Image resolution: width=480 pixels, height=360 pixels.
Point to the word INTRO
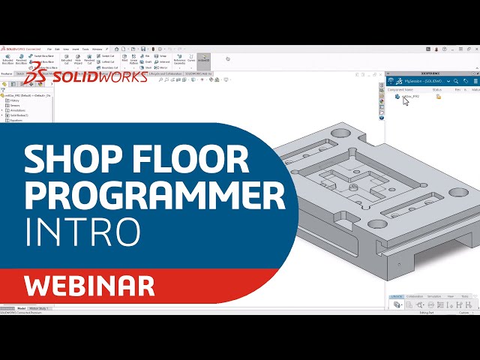[82, 232]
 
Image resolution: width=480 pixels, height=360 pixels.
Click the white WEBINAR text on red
[89, 285]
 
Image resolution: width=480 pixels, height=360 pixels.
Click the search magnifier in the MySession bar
[455, 81]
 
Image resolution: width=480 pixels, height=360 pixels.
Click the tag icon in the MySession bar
[465, 81]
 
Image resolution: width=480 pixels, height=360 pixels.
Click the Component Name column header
[400, 89]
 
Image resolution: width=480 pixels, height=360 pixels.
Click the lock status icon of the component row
[439, 97]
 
